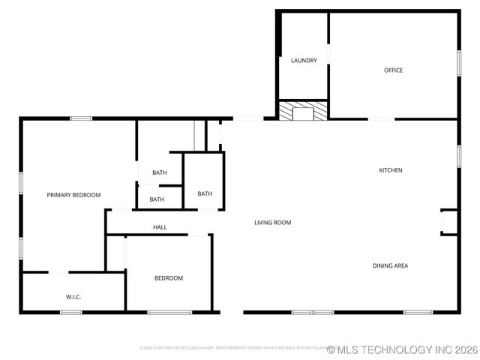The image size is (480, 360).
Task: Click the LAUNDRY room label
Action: point(304,61)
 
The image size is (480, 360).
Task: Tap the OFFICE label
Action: point(394,70)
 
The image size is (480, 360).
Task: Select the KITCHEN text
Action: point(390,170)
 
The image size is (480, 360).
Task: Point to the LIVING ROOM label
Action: point(272,223)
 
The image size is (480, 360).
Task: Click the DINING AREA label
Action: point(390,265)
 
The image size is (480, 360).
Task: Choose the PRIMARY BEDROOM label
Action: point(73,195)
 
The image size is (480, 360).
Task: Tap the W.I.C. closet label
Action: point(73,297)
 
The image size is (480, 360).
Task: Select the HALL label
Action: point(160,227)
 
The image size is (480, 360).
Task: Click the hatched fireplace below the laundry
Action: point(303,111)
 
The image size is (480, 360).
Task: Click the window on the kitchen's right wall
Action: point(458,154)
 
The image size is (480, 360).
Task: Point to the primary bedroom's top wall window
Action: point(81,118)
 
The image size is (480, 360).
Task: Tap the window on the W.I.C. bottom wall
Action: point(71,312)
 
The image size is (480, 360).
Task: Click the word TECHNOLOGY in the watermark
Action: point(397,349)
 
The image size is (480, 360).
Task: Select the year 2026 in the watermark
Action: point(464,349)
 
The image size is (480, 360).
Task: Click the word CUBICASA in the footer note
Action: point(201,348)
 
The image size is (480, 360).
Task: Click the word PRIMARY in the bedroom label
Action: point(58,195)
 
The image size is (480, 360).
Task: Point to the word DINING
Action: point(382,265)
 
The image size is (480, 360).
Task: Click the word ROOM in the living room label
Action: point(283,223)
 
